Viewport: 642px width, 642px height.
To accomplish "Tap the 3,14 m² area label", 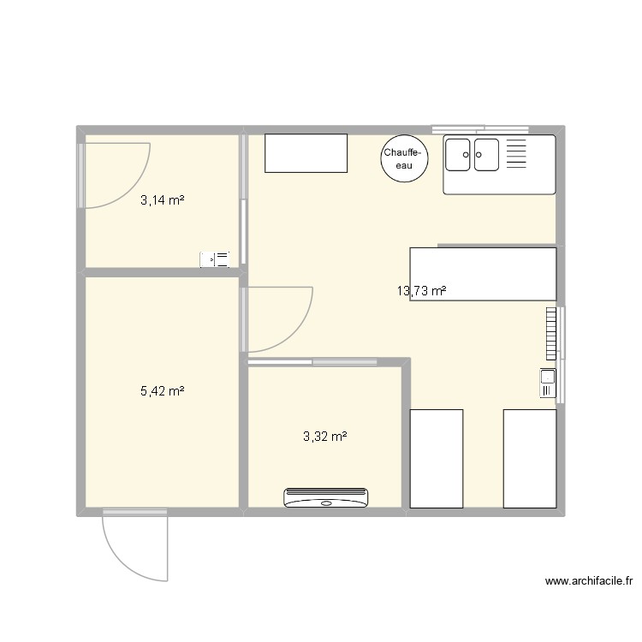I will [163, 200].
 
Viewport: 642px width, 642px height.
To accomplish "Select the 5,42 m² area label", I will [163, 391].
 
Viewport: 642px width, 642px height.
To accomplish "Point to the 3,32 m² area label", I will [324, 436].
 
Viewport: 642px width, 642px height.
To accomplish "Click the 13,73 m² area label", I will [421, 291].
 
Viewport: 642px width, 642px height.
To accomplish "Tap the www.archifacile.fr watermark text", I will [588, 581].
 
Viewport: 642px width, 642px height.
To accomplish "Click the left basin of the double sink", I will [459, 154].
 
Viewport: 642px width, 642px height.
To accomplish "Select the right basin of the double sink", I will [486, 154].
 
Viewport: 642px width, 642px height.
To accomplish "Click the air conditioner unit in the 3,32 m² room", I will [325, 497].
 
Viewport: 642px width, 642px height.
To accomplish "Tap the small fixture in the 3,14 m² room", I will [215, 259].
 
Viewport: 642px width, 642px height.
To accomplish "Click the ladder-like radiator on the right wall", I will [549, 333].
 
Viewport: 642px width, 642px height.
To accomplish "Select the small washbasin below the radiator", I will [547, 382].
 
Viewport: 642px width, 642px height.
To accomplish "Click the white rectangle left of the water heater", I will [306, 153].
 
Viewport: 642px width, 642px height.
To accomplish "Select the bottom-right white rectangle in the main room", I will [529, 458].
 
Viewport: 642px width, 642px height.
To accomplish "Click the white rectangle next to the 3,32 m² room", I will [437, 458].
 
